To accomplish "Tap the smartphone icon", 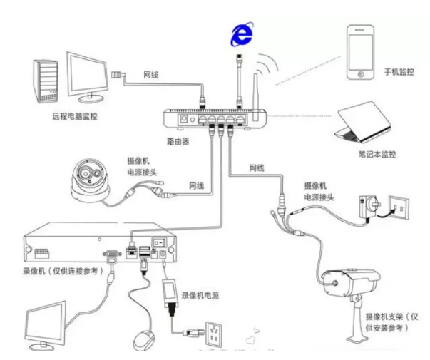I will pyautogui.click(x=361, y=53).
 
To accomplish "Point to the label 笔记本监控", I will pyautogui.click(x=376, y=154).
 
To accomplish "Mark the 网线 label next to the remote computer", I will pyautogui.click(x=150, y=73).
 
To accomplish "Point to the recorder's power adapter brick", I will pyautogui.click(x=170, y=292).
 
